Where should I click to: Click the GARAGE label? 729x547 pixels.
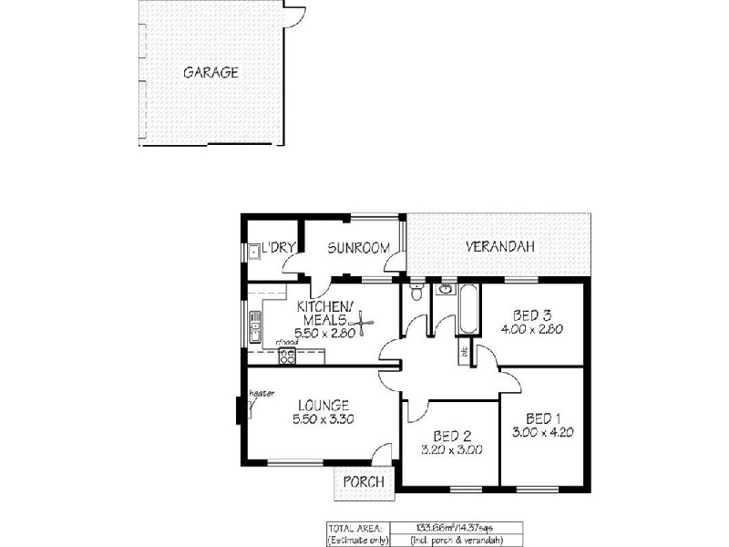point(210,72)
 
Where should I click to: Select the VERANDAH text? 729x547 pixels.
point(499,246)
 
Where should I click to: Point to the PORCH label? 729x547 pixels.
point(363,481)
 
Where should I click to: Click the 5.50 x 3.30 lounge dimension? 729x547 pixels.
point(323,419)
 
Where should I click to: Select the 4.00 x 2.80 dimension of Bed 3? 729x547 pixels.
point(530,329)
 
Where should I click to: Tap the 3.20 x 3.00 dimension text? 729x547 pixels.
point(451,449)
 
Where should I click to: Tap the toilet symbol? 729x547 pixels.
point(416,292)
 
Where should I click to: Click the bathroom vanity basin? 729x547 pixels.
point(444,290)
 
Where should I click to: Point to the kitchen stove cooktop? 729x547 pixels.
point(287,356)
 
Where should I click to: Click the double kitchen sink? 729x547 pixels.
point(256,323)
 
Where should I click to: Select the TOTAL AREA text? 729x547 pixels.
point(354,527)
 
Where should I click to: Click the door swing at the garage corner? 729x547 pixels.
point(294,15)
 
